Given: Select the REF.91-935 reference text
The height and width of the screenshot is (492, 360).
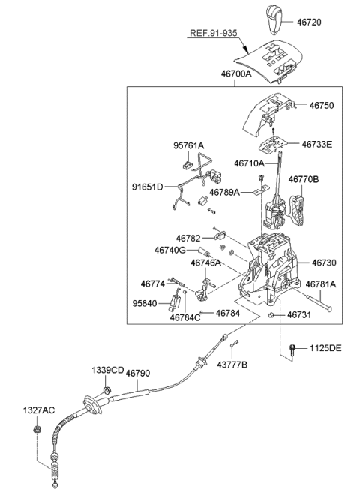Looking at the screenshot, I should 213,33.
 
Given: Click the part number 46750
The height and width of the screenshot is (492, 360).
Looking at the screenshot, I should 323,106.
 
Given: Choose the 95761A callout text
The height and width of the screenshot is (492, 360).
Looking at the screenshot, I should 189,146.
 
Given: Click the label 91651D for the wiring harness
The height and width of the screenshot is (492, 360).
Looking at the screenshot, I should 148,187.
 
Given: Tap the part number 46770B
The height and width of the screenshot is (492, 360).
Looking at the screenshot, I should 304,180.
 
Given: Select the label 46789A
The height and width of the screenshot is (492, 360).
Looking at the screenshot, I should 225,192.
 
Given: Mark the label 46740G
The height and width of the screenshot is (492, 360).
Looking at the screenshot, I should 170,250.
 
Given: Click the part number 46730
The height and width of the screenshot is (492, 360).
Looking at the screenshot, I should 325,263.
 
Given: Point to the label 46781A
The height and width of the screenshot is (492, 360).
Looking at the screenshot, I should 320,284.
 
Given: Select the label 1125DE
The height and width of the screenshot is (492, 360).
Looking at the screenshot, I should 324,348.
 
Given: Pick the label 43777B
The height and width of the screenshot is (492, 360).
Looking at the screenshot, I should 232,364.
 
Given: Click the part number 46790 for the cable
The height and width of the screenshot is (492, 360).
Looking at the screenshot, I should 137,373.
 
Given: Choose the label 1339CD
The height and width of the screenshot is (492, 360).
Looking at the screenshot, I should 108,371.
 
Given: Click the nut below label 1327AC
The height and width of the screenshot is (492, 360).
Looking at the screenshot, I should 36,429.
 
